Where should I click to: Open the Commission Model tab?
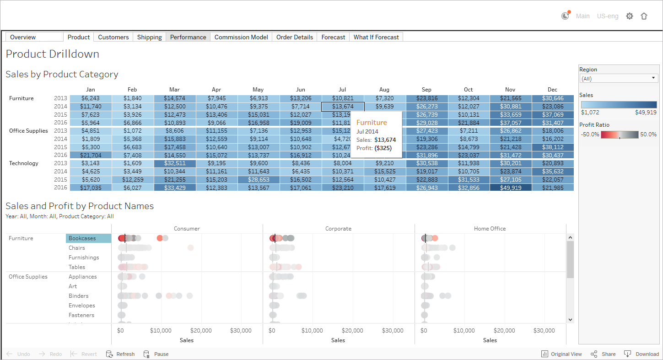pos(241,37)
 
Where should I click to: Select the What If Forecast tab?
pos(376,37)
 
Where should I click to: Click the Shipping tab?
pos(150,37)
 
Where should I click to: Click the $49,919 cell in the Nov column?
pos(510,188)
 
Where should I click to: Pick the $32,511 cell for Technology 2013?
pos(174,163)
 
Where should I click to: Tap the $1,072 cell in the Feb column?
pos(132,131)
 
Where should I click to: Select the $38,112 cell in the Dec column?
pos(553,147)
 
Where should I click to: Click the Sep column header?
pos(426,90)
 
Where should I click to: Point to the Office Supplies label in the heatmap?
pos(28,131)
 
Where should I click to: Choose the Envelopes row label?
pos(82,306)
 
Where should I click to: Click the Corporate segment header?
pos(338,228)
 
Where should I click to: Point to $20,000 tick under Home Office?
pos(504,330)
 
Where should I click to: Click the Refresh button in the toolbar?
pos(121,354)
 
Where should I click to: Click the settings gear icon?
pos(630,16)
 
